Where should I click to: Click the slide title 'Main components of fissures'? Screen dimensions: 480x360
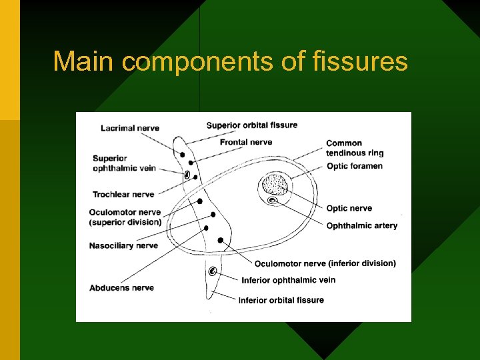click(x=230, y=61)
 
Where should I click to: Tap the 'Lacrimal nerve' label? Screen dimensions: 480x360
click(x=130, y=128)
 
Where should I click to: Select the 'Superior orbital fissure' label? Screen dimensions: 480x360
click(x=252, y=125)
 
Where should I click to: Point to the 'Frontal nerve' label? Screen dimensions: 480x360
click(x=246, y=141)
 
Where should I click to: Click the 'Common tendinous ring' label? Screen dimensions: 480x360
click(x=355, y=148)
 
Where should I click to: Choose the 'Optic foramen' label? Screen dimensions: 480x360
click(x=354, y=165)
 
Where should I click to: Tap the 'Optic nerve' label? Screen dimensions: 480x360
click(x=349, y=209)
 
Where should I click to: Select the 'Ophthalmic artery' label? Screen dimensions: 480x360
click(x=361, y=225)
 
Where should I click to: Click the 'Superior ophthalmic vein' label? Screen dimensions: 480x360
click(x=124, y=163)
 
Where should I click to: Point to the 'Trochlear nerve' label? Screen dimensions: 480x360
click(x=123, y=195)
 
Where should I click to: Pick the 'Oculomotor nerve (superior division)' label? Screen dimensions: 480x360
click(x=125, y=217)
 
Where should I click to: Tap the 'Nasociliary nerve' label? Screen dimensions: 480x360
click(x=123, y=245)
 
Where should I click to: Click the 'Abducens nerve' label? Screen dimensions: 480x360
click(x=121, y=288)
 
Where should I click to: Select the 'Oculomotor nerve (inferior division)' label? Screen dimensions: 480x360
click(x=325, y=263)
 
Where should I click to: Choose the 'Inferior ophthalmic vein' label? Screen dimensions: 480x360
click(x=288, y=280)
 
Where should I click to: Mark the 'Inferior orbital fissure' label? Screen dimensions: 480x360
click(x=281, y=300)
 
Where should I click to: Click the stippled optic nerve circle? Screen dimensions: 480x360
click(x=275, y=183)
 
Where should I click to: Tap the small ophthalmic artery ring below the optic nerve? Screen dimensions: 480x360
click(x=272, y=201)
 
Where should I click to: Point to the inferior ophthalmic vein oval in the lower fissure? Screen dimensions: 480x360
click(x=213, y=271)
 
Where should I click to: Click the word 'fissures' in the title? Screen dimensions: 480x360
click(x=361, y=61)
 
